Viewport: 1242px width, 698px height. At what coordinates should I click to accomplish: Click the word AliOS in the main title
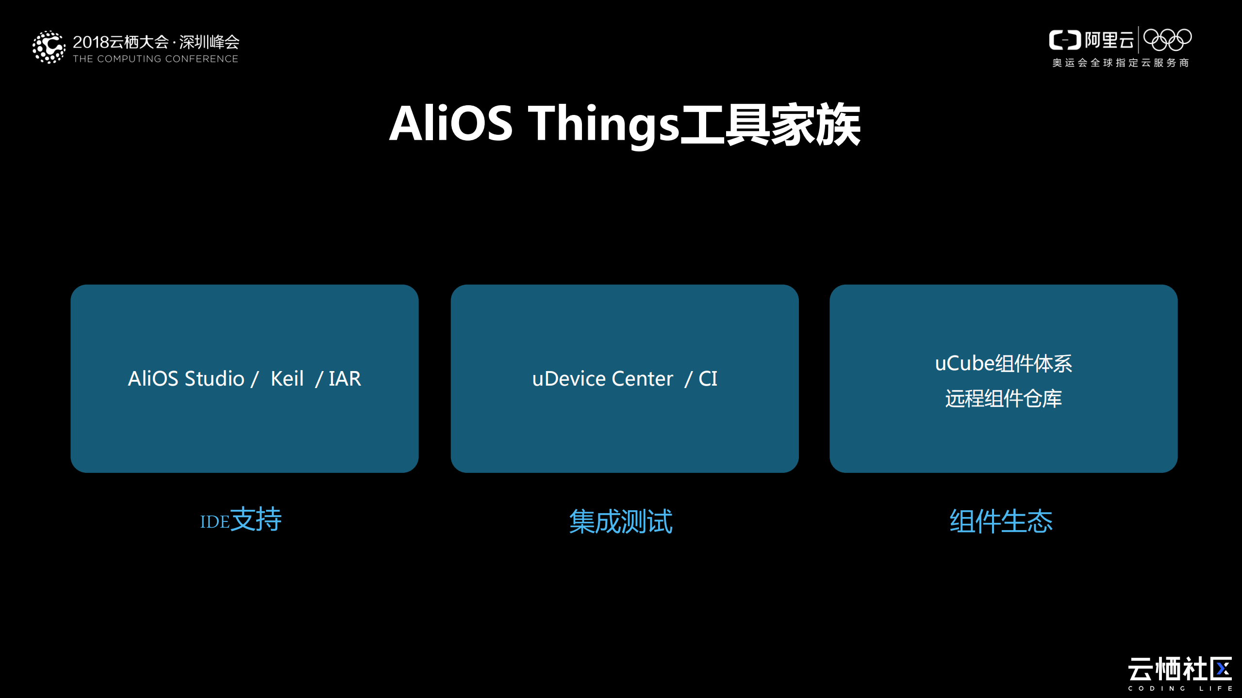point(450,124)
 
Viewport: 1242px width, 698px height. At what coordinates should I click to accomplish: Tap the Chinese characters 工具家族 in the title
point(771,125)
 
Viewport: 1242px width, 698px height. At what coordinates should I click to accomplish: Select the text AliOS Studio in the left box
point(186,379)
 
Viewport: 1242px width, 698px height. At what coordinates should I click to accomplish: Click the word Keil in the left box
point(287,379)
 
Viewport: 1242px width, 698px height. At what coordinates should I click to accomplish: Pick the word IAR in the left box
point(345,379)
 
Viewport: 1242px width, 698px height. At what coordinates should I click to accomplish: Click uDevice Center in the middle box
point(602,379)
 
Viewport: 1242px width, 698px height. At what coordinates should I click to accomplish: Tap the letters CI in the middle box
point(708,379)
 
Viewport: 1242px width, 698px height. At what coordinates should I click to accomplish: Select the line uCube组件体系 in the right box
point(1003,363)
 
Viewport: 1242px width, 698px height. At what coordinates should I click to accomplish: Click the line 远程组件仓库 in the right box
point(1003,399)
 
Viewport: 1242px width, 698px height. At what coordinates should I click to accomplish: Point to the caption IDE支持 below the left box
point(241,519)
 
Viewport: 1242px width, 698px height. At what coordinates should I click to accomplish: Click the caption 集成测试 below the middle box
point(621,521)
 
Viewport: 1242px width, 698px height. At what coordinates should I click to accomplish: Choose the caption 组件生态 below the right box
point(1001,521)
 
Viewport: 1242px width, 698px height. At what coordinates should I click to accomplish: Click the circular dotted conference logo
point(49,47)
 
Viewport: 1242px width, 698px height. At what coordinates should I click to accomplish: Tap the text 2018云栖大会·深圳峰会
point(156,42)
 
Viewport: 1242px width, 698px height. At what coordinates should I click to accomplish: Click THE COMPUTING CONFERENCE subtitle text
point(155,59)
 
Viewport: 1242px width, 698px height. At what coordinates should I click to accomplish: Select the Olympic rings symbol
point(1167,40)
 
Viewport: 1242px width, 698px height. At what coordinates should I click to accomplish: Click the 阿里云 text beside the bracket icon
point(1109,40)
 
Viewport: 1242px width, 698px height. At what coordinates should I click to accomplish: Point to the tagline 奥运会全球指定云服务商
point(1120,63)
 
